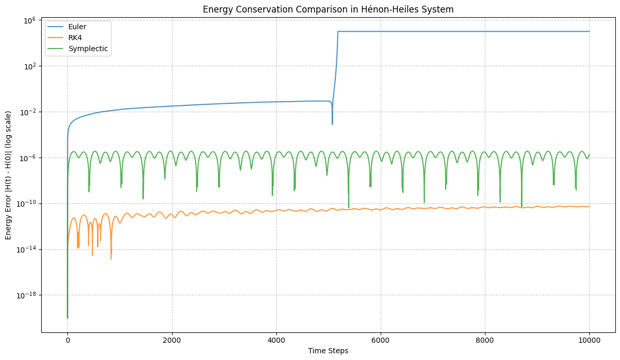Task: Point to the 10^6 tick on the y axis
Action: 29,20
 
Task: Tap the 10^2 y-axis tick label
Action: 29,66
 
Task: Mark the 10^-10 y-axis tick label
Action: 27,203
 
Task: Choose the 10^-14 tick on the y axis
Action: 27,249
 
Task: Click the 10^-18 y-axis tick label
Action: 27,295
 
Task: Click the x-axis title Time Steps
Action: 328,351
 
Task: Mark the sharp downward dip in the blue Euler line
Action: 332,123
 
